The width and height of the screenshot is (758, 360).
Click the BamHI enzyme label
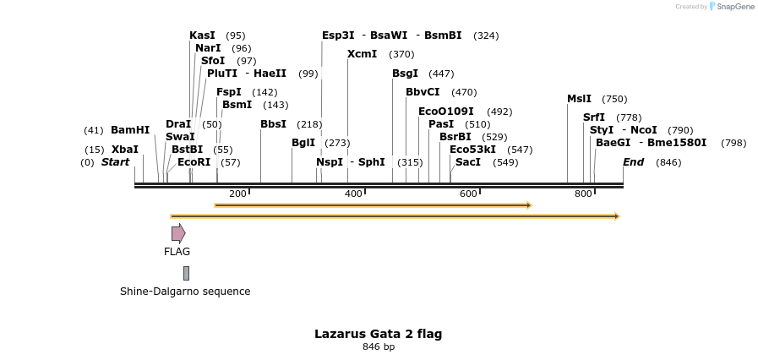(x=130, y=130)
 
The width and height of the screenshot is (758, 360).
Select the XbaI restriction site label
(x=124, y=150)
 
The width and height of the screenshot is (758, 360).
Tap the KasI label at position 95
(x=202, y=35)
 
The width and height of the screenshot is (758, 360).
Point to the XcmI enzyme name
(x=362, y=54)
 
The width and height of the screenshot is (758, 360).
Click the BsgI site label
(x=405, y=74)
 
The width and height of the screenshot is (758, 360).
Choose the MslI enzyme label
(x=579, y=99)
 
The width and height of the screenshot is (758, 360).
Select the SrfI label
(x=593, y=117)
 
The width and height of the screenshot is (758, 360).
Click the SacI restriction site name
(x=467, y=162)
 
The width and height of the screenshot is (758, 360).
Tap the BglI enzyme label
(x=303, y=143)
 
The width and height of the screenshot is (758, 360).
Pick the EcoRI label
(x=194, y=162)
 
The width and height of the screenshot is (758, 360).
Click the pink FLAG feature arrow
(x=177, y=233)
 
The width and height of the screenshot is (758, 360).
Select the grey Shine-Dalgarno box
(x=186, y=273)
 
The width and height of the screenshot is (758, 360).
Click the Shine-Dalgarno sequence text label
(x=185, y=292)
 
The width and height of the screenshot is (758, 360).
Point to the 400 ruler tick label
(x=353, y=194)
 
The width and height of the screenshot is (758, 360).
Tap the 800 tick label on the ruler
(x=583, y=194)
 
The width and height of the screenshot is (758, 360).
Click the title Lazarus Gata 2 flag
(x=378, y=334)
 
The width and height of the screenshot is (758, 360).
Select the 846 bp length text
(x=379, y=347)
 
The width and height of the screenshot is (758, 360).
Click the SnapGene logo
(x=731, y=7)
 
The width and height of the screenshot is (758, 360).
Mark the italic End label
(x=633, y=162)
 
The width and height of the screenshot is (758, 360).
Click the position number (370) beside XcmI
(x=401, y=54)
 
